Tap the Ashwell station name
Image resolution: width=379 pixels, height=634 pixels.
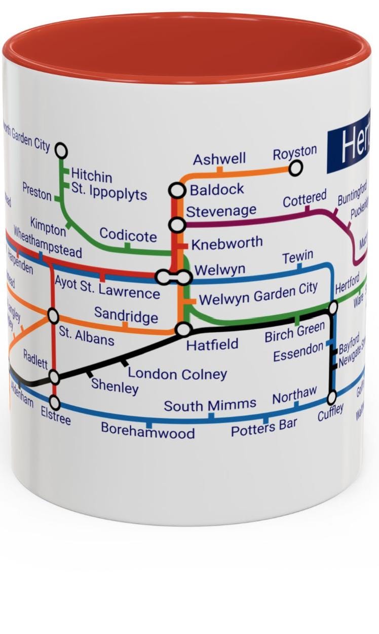tap(219, 159)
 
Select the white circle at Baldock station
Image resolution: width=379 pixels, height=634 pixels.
tap(177, 190)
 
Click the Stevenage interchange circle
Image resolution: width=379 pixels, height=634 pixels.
tap(177, 224)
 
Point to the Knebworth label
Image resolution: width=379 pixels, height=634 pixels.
tap(227, 242)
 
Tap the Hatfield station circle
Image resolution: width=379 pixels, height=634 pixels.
tap(183, 330)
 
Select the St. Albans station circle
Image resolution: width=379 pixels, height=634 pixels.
tap(53, 316)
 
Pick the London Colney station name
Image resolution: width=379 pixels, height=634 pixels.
tap(177, 374)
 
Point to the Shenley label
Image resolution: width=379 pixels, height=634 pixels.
tap(115, 386)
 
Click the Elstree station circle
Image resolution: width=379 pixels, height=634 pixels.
tap(54, 403)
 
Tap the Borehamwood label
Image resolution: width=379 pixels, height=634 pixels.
tap(147, 431)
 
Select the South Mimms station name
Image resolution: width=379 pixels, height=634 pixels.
tap(210, 405)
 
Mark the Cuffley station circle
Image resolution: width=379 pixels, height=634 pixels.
tap(332, 397)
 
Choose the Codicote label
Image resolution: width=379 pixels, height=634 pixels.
tap(128, 235)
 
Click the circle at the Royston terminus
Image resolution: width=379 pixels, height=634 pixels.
tap(296, 167)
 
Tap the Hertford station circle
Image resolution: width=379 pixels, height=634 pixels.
tap(333, 307)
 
